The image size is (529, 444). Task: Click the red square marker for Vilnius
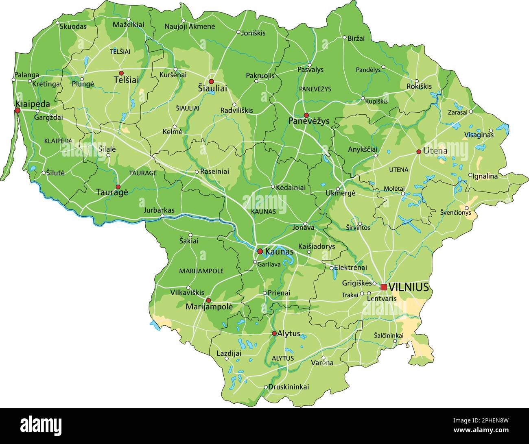384,287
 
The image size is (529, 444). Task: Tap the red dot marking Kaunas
260,251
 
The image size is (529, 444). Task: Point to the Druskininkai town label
289,387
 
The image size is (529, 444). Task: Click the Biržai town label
356,38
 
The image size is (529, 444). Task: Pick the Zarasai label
457,112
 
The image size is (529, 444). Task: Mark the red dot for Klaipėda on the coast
17,110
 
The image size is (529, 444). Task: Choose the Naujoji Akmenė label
190,26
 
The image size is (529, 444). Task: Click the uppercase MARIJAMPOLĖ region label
201,271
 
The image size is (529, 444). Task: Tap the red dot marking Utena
419,152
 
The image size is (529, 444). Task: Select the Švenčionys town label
455,212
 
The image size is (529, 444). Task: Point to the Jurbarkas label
159,210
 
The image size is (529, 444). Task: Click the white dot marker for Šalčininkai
395,341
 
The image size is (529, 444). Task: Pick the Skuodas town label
73,26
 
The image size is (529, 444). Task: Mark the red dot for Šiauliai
211,82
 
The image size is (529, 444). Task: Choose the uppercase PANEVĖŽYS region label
315,89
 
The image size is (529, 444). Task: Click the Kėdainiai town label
291,187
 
